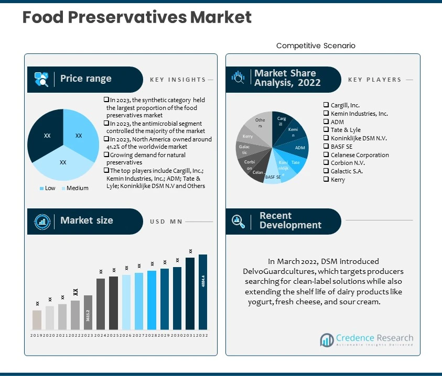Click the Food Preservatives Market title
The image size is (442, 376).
tap(137, 17)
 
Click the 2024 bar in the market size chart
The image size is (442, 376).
tap(101, 304)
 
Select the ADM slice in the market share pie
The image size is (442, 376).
tap(299, 148)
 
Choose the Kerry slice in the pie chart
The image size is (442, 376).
tap(247, 137)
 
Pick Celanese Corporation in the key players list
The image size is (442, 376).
tap(360, 155)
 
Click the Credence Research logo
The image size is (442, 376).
tap(366, 340)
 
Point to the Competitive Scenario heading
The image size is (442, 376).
tap(316, 46)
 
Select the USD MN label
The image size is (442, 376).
tap(166, 222)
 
